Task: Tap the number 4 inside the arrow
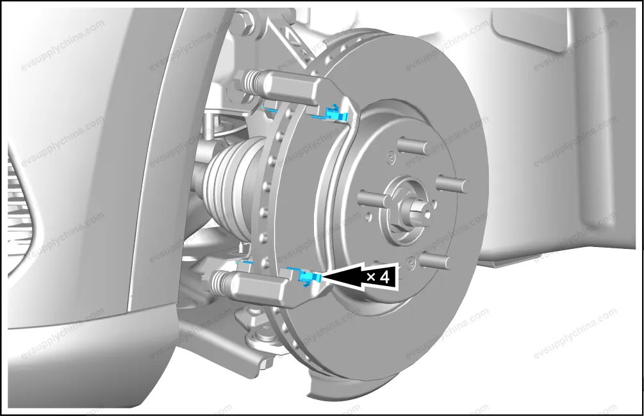(x=384, y=277)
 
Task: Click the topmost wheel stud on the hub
(x=413, y=146)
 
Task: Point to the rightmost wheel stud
(x=452, y=184)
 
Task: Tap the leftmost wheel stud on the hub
(x=374, y=199)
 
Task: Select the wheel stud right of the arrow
(x=435, y=260)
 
